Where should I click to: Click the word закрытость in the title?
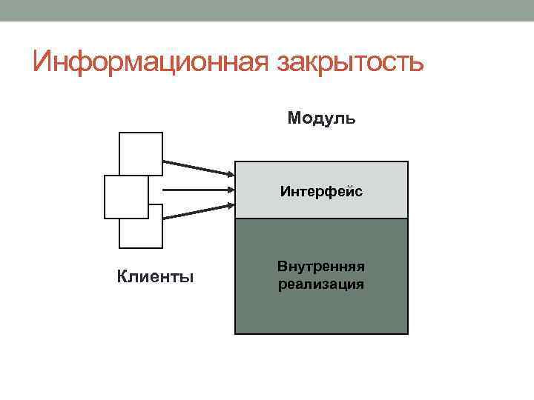click(x=350, y=62)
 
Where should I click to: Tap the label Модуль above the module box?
click(x=321, y=119)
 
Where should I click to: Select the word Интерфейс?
click(x=321, y=193)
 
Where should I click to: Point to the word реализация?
click(x=321, y=284)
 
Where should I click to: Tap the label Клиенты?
click(x=156, y=278)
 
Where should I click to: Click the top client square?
click(x=141, y=148)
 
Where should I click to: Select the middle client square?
click(x=126, y=197)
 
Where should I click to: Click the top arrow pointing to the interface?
click(x=197, y=168)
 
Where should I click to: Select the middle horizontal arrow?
click(x=197, y=190)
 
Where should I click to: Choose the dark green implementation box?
click(x=321, y=311)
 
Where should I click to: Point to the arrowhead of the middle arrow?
click(x=229, y=190)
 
